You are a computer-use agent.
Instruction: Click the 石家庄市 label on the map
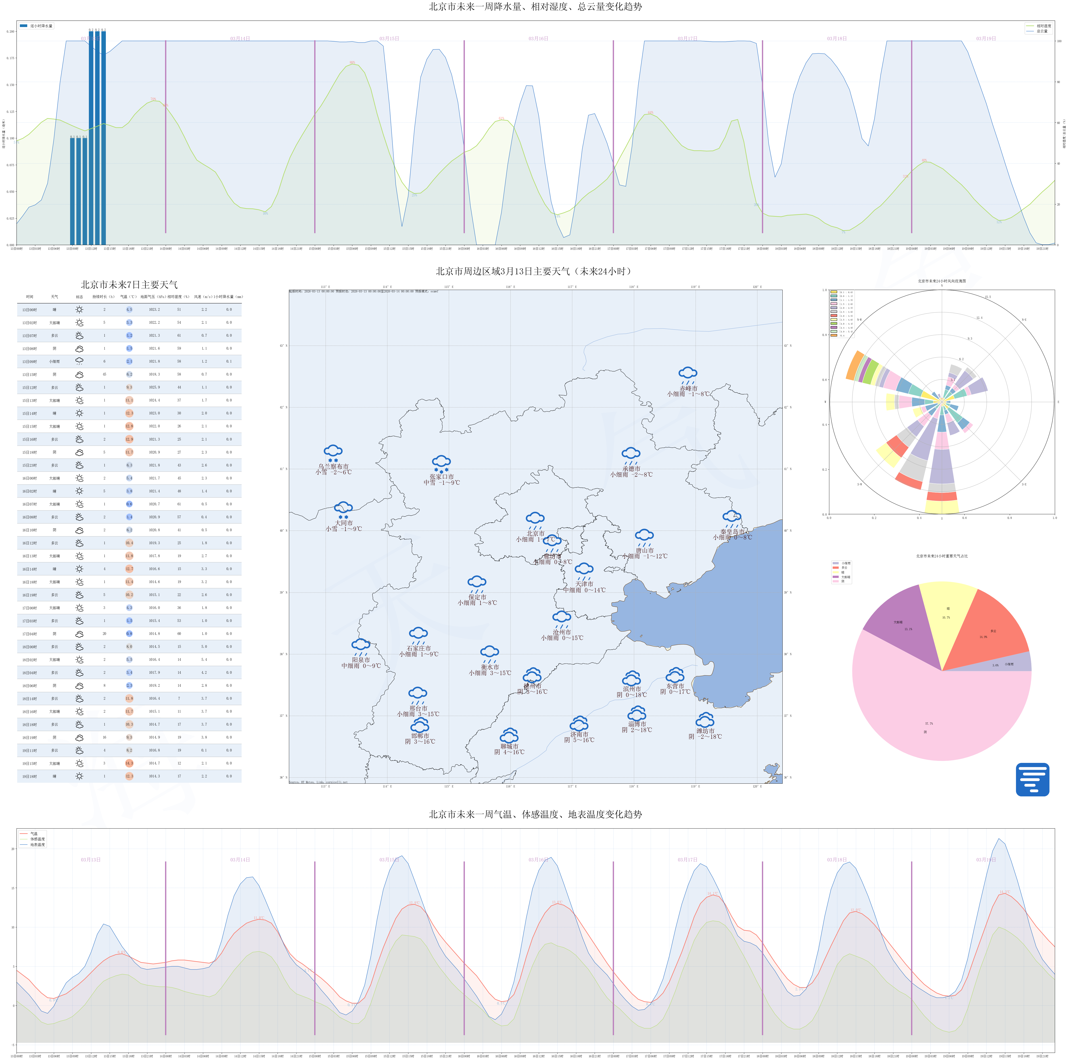418,648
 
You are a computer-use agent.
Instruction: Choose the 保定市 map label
477,597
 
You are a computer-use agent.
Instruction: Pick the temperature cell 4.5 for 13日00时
129,310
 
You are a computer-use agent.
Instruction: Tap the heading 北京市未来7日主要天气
129,285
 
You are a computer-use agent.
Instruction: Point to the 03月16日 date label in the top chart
538,39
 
